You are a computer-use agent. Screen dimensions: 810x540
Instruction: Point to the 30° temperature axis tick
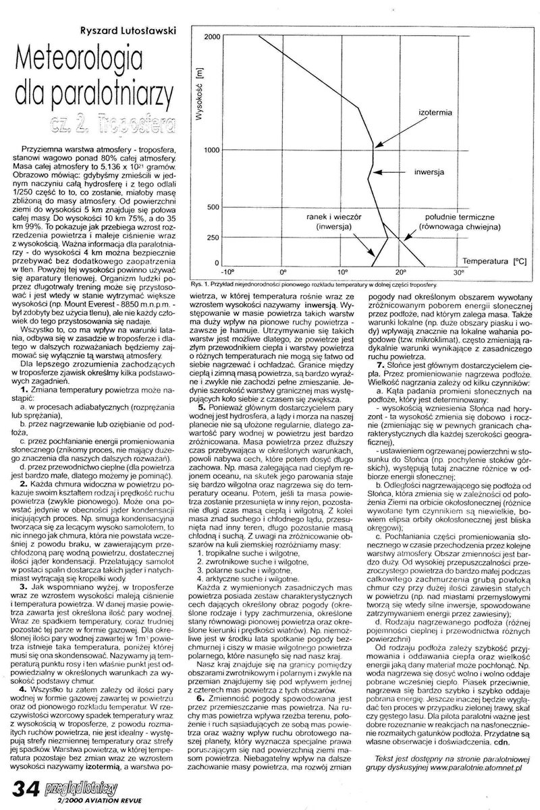[x=460, y=273]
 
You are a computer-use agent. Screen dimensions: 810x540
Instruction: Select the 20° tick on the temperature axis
[x=402, y=273]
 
